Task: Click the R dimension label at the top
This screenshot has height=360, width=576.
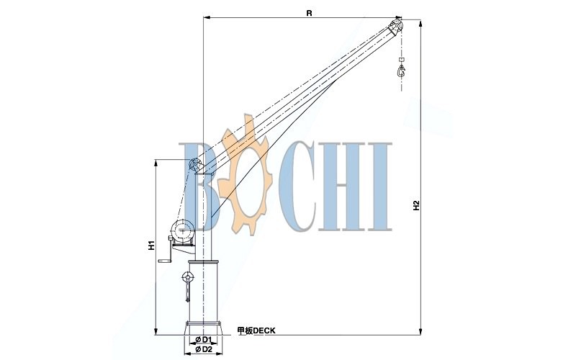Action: pyautogui.click(x=310, y=13)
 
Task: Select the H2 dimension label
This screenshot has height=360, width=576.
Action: pyautogui.click(x=416, y=205)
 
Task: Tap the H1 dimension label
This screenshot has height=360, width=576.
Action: pyautogui.click(x=151, y=246)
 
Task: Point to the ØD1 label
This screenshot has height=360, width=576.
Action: pyautogui.click(x=204, y=339)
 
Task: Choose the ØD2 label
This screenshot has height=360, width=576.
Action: pyautogui.click(x=204, y=349)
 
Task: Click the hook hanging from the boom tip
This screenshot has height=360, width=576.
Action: pyautogui.click(x=401, y=70)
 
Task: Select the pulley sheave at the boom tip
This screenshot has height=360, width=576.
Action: pyautogui.click(x=396, y=27)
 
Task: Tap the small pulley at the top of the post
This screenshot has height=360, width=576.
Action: pyautogui.click(x=194, y=164)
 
